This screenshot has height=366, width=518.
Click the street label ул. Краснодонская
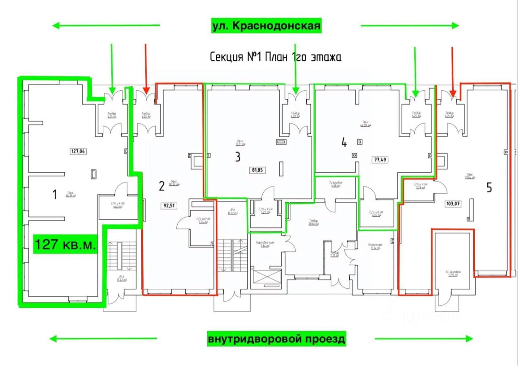tap(266, 26)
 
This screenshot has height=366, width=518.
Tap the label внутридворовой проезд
tap(277, 338)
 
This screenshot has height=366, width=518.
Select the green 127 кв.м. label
tap(66, 245)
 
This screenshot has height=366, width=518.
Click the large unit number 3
tap(238, 157)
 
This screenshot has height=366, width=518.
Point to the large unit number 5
tap(489, 188)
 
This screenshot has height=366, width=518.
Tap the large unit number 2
tap(161, 186)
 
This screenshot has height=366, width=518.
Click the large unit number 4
tap(344, 143)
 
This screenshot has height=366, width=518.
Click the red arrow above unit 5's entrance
tap(453, 71)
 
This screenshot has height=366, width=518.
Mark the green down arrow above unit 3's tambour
tap(296, 69)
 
